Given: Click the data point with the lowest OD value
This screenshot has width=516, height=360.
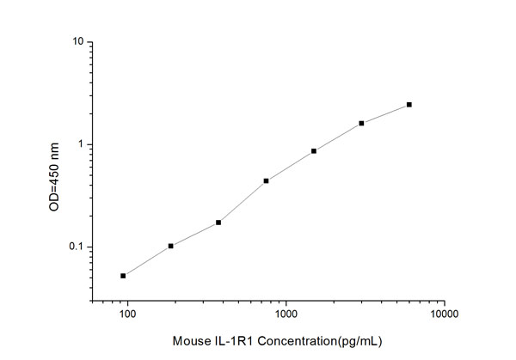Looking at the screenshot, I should tap(123, 276).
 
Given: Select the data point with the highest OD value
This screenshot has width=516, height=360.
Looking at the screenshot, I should tap(409, 105).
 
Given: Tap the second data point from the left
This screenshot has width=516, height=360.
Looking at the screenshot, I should tap(171, 246).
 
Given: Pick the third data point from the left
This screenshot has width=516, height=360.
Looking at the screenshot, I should tap(218, 223).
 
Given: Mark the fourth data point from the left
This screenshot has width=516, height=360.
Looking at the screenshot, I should tap(267, 180).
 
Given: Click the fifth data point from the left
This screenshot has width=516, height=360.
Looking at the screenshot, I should tap(314, 151).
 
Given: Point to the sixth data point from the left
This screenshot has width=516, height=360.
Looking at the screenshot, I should tap(362, 123).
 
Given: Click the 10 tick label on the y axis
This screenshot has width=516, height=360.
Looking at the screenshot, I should tap(77, 42).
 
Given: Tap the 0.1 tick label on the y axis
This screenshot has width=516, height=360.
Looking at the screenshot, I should tap(75, 247).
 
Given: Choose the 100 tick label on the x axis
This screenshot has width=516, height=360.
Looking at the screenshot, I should tap(127, 315).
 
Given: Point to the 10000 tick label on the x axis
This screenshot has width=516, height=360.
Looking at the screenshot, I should tap(444, 315).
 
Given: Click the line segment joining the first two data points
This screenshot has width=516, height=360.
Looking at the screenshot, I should tap(147, 261).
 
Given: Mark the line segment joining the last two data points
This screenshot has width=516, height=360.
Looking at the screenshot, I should tap(386, 113).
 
